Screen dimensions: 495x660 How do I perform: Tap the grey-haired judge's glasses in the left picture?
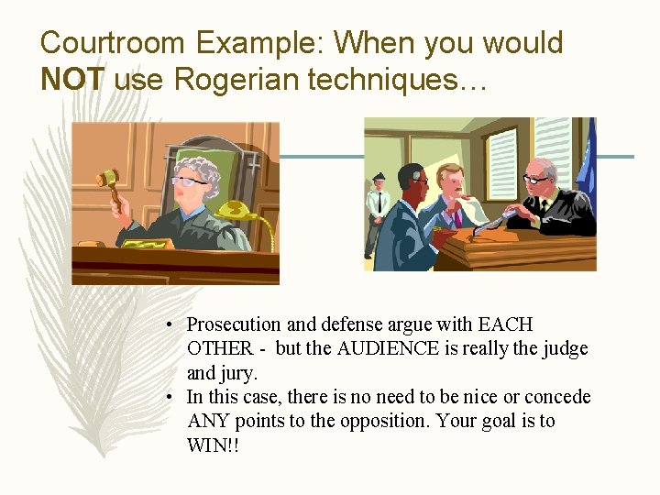[x=189, y=181]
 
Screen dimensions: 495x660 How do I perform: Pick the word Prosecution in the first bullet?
[x=235, y=324]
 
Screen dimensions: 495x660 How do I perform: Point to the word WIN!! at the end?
[x=213, y=445]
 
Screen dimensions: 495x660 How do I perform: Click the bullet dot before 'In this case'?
[x=171, y=398]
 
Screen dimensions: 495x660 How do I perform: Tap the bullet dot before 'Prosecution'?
[x=171, y=325]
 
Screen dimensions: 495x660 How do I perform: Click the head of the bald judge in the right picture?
[x=543, y=172]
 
